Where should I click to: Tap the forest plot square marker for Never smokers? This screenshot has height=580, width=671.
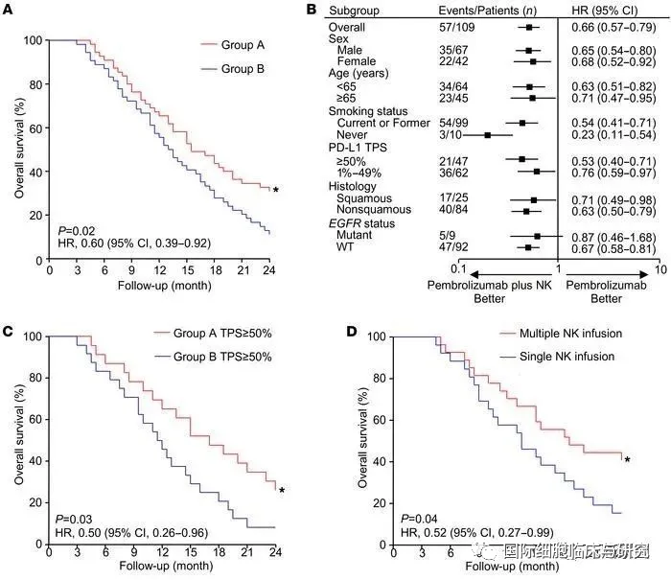488,135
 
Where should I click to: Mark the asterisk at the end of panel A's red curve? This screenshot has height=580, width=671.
276,191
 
